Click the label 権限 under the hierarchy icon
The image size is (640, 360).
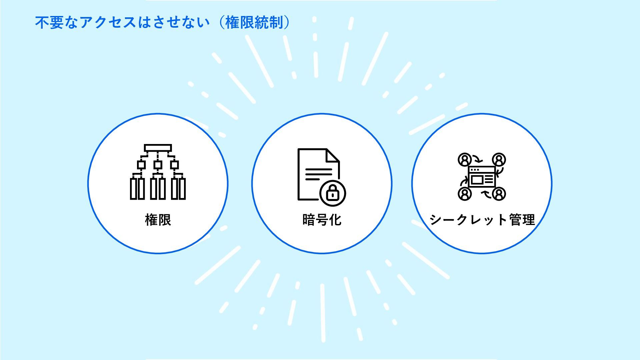click(158, 220)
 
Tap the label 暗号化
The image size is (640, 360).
click(322, 220)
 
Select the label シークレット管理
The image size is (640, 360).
click(482, 220)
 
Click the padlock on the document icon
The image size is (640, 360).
click(332, 193)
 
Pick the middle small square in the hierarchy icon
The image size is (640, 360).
click(158, 165)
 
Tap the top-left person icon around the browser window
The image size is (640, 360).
click(465, 160)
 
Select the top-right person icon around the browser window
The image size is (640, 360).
click(499, 160)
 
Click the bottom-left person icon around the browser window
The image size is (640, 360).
click(465, 194)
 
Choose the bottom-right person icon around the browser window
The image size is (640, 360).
click(499, 194)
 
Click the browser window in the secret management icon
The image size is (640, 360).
click(482, 177)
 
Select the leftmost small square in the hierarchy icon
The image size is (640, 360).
click(141, 165)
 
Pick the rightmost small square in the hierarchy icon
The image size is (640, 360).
click(175, 165)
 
